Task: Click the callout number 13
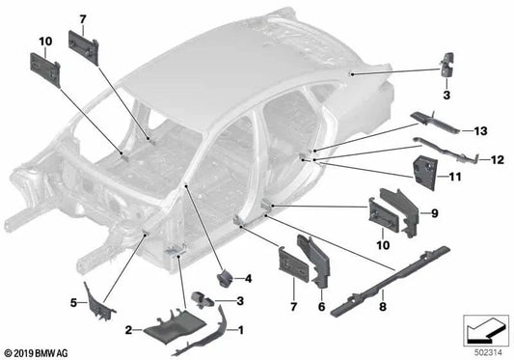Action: tap(480, 131)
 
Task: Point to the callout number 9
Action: tap(434, 212)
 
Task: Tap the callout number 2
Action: tap(127, 330)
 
